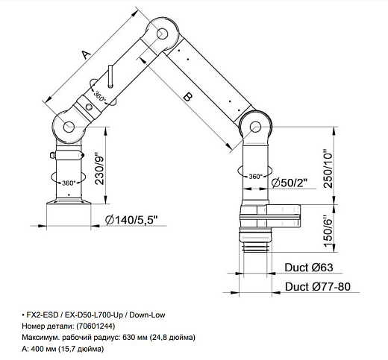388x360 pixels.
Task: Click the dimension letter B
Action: pyautogui.click(x=187, y=96)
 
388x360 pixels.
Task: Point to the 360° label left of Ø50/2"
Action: pyautogui.click(x=254, y=177)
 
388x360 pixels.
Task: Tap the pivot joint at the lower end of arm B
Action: pyautogui.click(x=258, y=124)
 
